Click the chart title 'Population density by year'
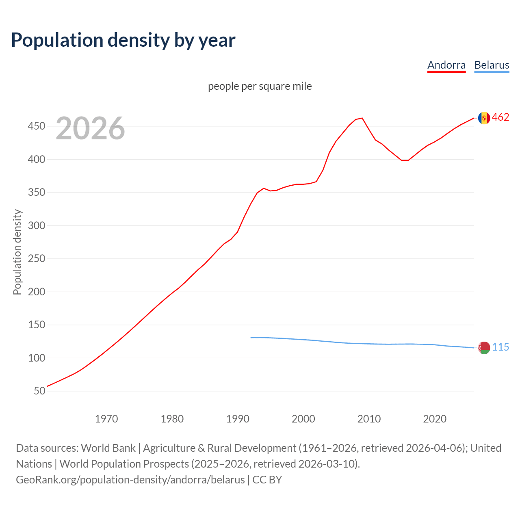tap(123, 40)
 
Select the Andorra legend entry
tap(446, 65)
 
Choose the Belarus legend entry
tap(492, 65)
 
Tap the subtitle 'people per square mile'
tap(260, 86)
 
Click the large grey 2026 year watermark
tap(90, 128)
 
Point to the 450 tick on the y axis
tap(36, 126)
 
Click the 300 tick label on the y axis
tap(36, 225)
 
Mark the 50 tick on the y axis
tap(39, 391)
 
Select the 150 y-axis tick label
tap(36, 325)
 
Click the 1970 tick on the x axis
tap(106, 419)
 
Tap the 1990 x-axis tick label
tap(238, 419)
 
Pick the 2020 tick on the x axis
tap(435, 419)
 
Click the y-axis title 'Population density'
tap(17, 252)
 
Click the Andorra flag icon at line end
tap(484, 118)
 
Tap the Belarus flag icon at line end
tap(484, 348)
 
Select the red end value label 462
tap(500, 117)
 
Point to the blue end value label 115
tap(500, 347)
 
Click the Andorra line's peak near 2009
tap(362, 118)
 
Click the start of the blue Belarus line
tap(251, 338)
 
